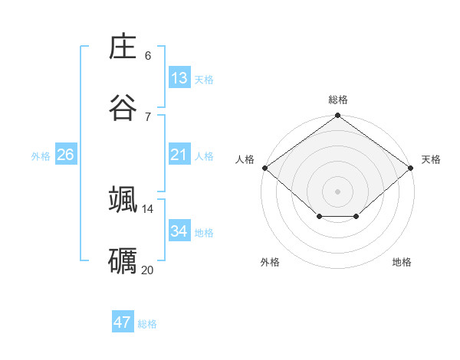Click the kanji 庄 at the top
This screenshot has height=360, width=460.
point(123,47)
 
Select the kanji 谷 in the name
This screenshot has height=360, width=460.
point(123,107)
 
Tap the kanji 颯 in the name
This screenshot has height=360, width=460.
point(123,198)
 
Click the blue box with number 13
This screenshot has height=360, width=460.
point(179,78)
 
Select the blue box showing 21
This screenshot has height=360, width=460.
point(179,155)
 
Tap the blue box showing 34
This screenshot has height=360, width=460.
point(179,231)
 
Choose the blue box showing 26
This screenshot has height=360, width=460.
point(65,155)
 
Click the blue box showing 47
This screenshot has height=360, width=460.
point(123,322)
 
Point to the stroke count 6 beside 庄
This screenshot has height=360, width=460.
point(148,55)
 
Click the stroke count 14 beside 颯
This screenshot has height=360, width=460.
point(147,208)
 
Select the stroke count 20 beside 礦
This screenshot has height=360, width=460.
point(147,270)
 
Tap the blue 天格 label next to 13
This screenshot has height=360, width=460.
point(204,80)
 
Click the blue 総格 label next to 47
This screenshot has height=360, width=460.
point(147,324)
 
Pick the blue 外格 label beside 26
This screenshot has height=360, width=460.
point(41,156)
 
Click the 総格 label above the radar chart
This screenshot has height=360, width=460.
point(338,100)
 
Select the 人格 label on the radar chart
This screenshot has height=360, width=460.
point(245,159)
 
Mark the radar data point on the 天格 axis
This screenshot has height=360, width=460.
point(412,168)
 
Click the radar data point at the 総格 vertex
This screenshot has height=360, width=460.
point(338,116)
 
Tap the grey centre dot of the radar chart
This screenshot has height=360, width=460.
point(338,191)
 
